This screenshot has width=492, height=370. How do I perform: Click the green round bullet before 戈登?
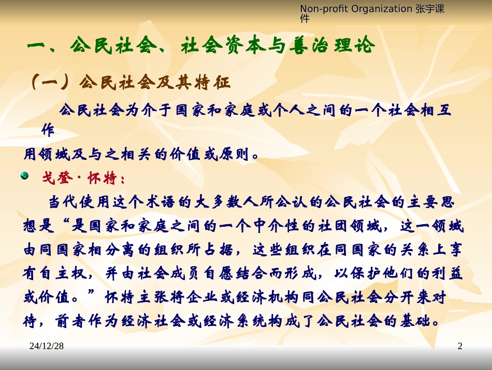click(x=24, y=177)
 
